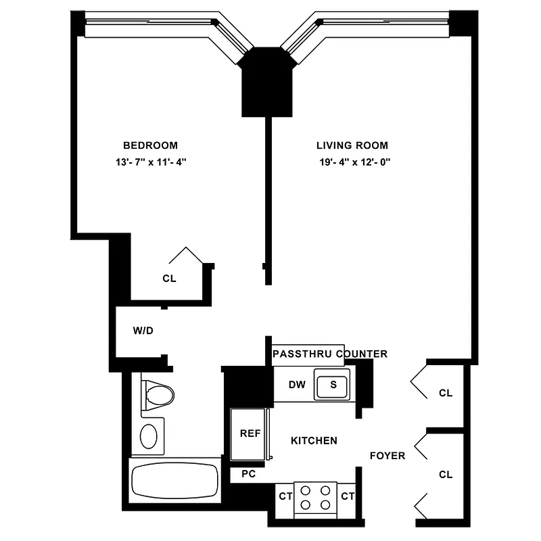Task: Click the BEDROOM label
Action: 150,145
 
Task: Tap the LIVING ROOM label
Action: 352,145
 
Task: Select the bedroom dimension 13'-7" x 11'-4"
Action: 150,162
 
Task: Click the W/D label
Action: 143,331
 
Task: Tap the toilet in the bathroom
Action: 158,394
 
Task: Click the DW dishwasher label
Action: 296,385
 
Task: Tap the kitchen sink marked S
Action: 333,385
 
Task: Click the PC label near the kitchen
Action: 248,475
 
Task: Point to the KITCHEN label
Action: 314,441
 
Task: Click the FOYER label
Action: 387,456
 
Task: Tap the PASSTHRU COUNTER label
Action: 329,354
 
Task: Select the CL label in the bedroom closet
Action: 169,279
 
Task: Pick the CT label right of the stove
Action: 348,497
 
